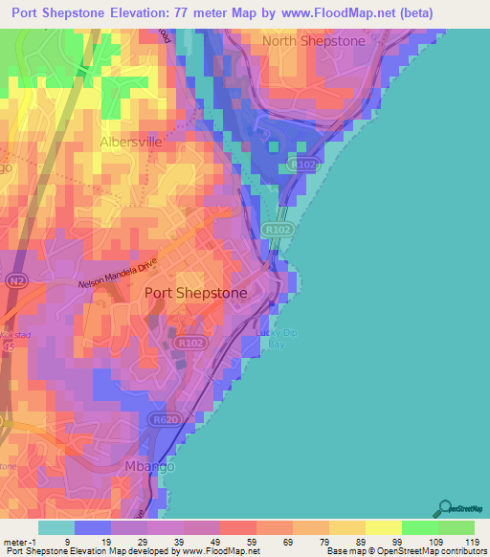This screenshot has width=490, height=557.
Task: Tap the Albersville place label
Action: (x=134, y=143)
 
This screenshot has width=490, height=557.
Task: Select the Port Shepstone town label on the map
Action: (x=195, y=294)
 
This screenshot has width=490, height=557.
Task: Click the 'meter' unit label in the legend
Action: (x=14, y=541)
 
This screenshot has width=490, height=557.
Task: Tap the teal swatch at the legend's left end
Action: (x=56, y=526)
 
